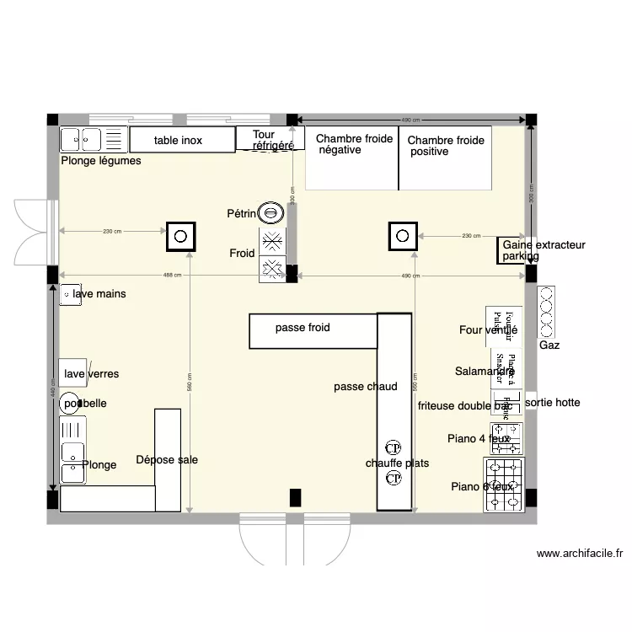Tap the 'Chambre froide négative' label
coord(354,144)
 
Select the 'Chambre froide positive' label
coord(446,146)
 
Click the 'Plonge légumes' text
coord(101,161)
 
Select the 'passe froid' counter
coord(312,330)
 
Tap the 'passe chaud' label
coord(365,387)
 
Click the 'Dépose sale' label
coord(167,459)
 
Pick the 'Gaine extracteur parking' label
coord(543,250)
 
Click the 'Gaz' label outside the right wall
coord(549,345)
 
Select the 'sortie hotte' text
coord(552,403)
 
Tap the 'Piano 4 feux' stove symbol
coord(507,439)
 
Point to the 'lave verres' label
coord(91,373)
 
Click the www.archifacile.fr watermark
coord(580,554)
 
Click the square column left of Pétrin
coord(180,236)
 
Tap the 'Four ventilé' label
coord(488,330)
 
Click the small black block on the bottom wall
coord(295,497)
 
